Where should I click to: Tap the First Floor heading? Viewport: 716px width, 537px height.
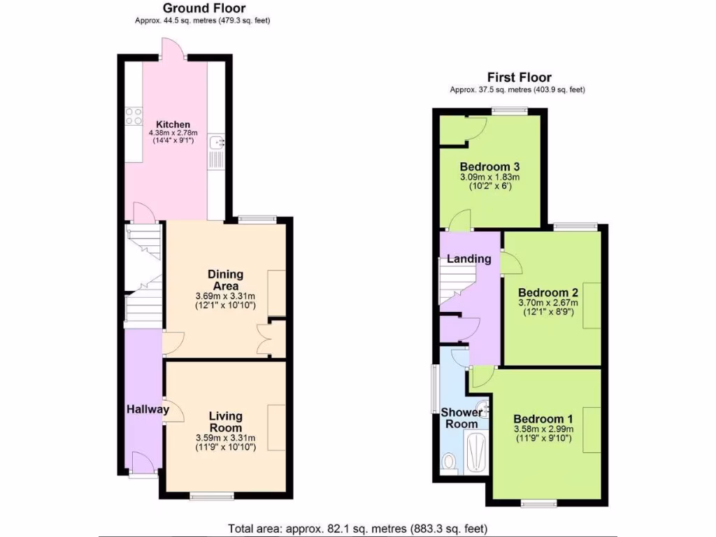pos(520,78)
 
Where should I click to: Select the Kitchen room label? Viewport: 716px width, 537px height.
pos(173,124)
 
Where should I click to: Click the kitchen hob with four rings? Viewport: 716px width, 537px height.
pos(134,116)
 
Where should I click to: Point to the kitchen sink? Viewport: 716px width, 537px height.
pos(216,144)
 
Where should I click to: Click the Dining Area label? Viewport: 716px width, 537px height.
pos(226,280)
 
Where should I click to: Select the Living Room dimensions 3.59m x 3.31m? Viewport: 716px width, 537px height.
pos(226,438)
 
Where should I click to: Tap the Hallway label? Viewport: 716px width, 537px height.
pos(148,410)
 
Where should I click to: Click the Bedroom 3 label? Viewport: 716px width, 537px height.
pos(489,167)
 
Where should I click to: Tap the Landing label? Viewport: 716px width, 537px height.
pos(469,259)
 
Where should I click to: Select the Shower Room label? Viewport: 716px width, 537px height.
pos(461,418)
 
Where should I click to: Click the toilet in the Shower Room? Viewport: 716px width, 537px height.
pos(450,462)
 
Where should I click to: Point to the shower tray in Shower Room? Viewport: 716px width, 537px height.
pos(477,453)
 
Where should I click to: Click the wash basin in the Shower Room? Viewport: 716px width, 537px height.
pos(482,407)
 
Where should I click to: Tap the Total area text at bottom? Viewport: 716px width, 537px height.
pos(357,528)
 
